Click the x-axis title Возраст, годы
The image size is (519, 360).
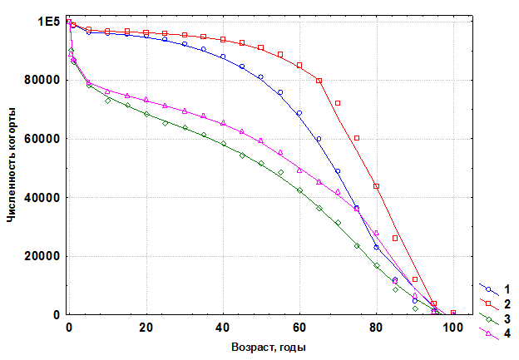(258, 347)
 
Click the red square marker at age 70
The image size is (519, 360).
(338, 103)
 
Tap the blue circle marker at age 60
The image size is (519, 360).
(299, 113)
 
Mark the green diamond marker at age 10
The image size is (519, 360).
(107, 101)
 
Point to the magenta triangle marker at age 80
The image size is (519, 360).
(376, 233)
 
